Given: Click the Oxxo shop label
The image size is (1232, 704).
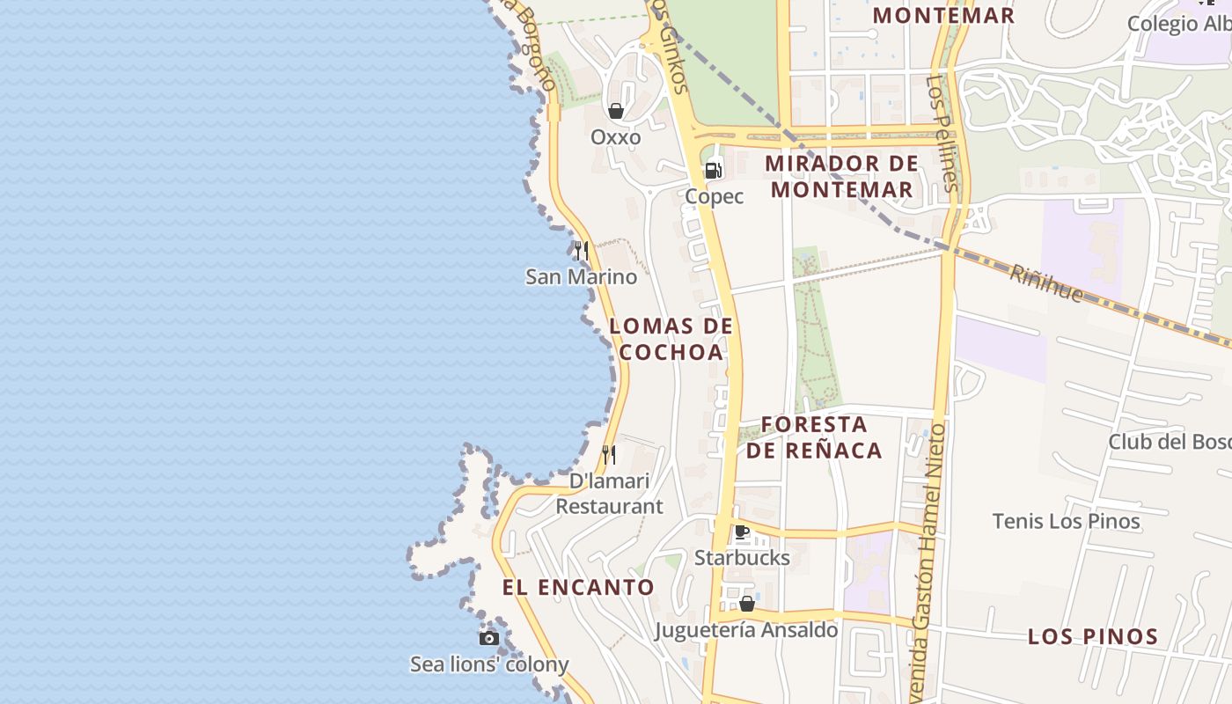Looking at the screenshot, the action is pyautogui.click(x=615, y=137).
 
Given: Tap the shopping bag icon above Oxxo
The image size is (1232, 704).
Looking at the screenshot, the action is pyautogui.click(x=616, y=111).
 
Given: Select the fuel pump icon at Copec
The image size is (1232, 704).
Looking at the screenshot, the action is pyautogui.click(x=713, y=170).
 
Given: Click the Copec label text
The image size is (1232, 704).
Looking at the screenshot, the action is pyautogui.click(x=714, y=196).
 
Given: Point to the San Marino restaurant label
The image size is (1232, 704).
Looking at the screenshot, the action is pyautogui.click(x=581, y=276).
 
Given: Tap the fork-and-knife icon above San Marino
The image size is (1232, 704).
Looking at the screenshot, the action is pyautogui.click(x=581, y=251).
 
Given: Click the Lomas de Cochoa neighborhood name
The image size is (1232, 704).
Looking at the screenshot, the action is pyautogui.click(x=671, y=339).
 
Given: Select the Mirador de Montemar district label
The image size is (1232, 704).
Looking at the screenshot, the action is pyautogui.click(x=840, y=176).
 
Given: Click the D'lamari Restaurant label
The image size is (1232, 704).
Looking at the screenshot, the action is pyautogui.click(x=609, y=494).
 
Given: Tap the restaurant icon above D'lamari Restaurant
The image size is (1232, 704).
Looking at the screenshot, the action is pyautogui.click(x=608, y=455).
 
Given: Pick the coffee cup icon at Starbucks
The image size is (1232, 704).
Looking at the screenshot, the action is pyautogui.click(x=741, y=532).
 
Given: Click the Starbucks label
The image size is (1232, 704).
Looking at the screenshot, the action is pyautogui.click(x=742, y=558).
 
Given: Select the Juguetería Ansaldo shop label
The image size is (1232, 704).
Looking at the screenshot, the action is pyautogui.click(x=746, y=630).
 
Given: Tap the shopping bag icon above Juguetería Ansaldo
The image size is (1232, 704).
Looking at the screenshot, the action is pyautogui.click(x=746, y=604).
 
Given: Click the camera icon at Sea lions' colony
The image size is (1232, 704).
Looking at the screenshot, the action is pyautogui.click(x=489, y=638).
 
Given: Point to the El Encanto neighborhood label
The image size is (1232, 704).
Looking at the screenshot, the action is pyautogui.click(x=578, y=588).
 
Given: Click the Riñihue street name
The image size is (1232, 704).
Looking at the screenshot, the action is pyautogui.click(x=1045, y=284).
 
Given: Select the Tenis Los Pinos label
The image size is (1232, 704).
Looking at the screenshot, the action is pyautogui.click(x=1066, y=521).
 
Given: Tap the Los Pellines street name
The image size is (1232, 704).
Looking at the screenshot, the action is pyautogui.click(x=941, y=132).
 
